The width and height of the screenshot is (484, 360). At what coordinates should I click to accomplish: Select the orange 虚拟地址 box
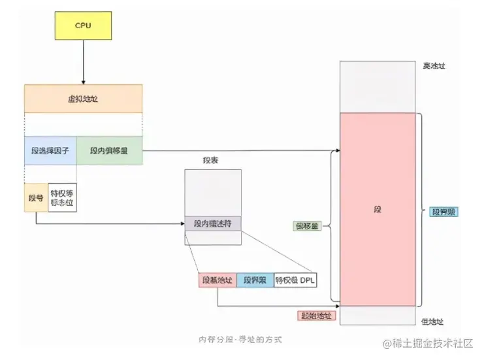tap(84, 99)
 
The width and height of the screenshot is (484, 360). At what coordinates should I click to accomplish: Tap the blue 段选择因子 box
tap(50, 151)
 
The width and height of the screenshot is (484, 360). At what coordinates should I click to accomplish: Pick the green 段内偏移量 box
tap(110, 151)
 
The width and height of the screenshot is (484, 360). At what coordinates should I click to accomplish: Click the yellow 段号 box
tap(36, 197)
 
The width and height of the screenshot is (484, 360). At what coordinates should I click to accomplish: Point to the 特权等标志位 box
tap(63, 197)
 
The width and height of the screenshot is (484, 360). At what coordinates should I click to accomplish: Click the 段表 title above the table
tap(210, 160)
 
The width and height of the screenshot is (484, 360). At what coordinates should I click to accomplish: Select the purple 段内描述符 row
tap(213, 223)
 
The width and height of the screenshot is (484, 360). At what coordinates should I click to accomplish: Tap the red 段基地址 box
tap(217, 280)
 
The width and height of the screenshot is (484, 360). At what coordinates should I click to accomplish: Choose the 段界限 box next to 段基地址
tap(255, 280)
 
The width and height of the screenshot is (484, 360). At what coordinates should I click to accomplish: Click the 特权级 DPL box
tap(295, 280)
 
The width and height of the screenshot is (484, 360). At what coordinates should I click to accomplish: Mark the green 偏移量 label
tap(307, 226)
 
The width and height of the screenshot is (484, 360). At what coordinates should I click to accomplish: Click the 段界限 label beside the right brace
tap(444, 212)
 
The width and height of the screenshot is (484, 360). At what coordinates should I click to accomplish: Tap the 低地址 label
tap(432, 321)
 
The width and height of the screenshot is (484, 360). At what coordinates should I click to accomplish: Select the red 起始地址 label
tap(315, 315)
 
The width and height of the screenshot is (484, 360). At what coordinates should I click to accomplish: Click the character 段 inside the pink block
tap(377, 210)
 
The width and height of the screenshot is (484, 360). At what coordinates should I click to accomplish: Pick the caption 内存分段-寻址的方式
tap(241, 340)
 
